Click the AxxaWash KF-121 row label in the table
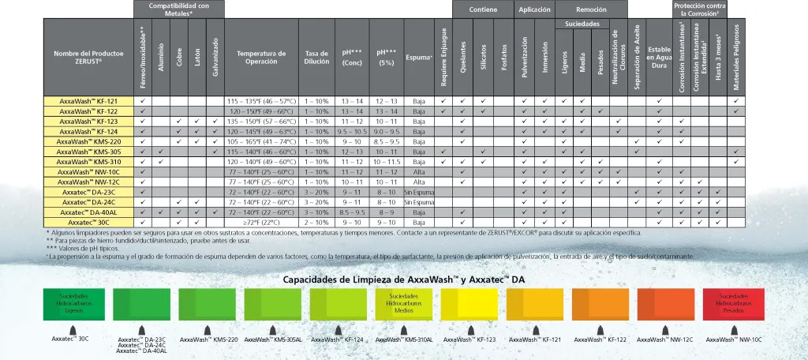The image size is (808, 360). point(88,102)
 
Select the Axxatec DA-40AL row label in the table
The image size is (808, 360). point(88,212)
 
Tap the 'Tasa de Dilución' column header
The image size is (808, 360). point(316,58)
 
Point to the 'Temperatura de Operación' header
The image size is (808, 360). point(260,58)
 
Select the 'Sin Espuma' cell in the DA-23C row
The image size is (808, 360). point(419,192)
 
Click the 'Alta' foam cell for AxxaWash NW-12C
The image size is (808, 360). point(419,182)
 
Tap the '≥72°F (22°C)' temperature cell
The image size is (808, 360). point(260,223)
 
